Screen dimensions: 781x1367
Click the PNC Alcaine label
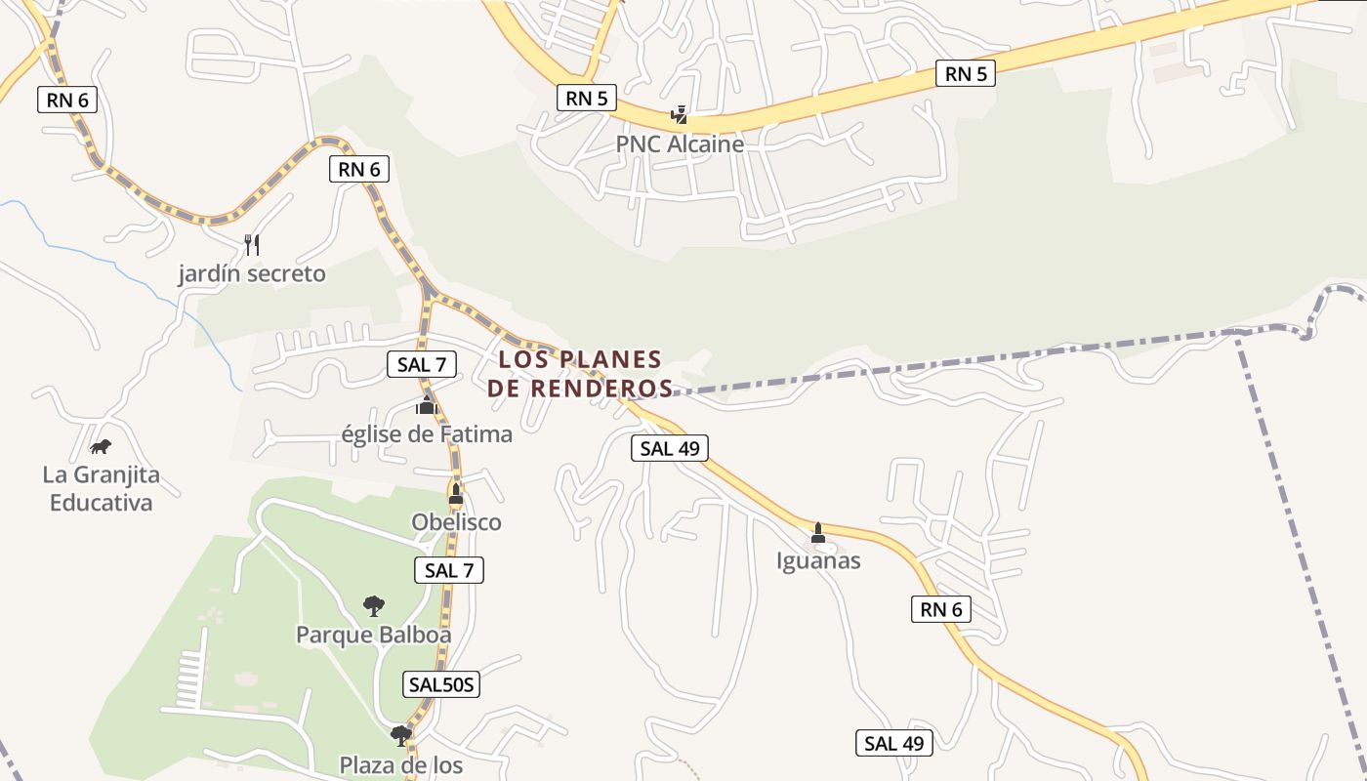click(680, 144)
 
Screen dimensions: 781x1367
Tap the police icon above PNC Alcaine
click(679, 116)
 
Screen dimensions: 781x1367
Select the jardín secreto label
click(252, 273)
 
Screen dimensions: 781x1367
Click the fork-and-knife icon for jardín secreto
click(252, 244)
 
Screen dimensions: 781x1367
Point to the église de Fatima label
click(427, 433)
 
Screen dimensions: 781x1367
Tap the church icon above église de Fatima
click(427, 404)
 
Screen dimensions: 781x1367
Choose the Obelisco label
click(456, 522)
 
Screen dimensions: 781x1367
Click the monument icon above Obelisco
click(456, 494)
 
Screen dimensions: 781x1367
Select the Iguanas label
click(818, 560)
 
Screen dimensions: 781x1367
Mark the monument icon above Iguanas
click(818, 533)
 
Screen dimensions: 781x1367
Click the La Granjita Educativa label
click(101, 489)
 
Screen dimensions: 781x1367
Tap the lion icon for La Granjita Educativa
click(101, 447)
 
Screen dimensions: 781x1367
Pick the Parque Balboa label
click(374, 635)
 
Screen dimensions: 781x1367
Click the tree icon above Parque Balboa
click(373, 606)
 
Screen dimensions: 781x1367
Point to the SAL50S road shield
click(441, 684)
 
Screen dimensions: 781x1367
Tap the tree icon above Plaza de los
click(400, 735)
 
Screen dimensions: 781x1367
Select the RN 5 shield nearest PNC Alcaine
click(587, 98)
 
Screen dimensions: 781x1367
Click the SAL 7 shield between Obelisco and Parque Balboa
click(449, 570)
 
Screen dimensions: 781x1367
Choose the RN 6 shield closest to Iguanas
click(941, 610)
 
